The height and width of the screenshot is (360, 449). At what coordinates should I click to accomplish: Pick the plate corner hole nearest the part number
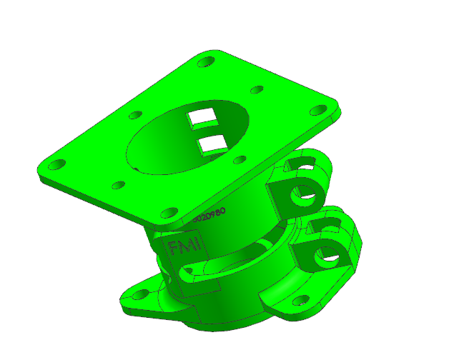click(169, 212)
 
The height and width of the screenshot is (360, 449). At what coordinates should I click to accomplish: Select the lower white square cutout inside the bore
click(213, 145)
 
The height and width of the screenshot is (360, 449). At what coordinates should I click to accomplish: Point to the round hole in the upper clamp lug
click(305, 194)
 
